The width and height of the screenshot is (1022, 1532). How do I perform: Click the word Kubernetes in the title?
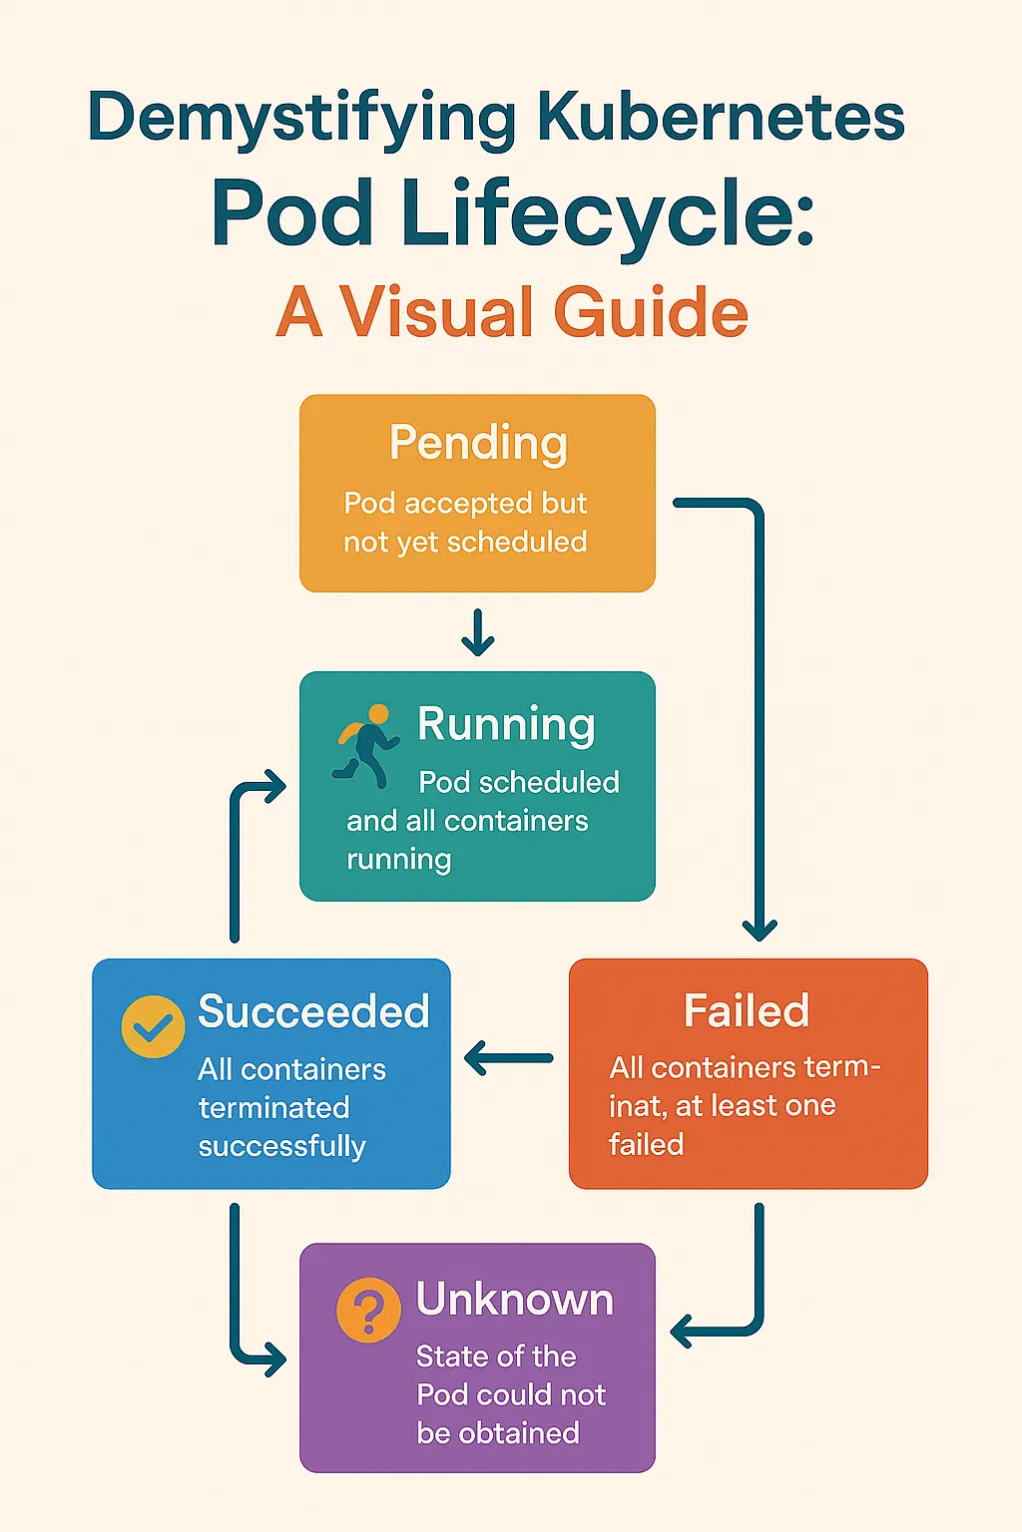[720, 118]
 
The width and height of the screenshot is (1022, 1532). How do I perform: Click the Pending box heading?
[478, 443]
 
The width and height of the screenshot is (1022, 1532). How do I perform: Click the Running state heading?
[506, 724]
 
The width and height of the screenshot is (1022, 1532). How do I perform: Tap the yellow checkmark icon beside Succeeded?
[153, 1025]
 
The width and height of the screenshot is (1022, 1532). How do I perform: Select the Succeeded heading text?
[313, 1011]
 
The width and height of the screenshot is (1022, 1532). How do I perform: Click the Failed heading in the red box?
[747, 1010]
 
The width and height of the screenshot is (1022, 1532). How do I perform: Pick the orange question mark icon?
[368, 1310]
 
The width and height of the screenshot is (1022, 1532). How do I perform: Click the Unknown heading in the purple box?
[514, 1300]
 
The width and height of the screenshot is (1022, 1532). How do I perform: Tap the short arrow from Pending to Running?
[478, 633]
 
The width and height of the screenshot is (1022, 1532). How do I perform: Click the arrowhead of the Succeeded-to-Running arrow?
[274, 787]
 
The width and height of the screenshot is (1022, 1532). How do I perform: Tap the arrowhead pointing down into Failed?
[760, 930]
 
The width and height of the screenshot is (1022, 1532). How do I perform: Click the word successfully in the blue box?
[281, 1146]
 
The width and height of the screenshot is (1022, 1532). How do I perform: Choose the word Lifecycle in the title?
[607, 213]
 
